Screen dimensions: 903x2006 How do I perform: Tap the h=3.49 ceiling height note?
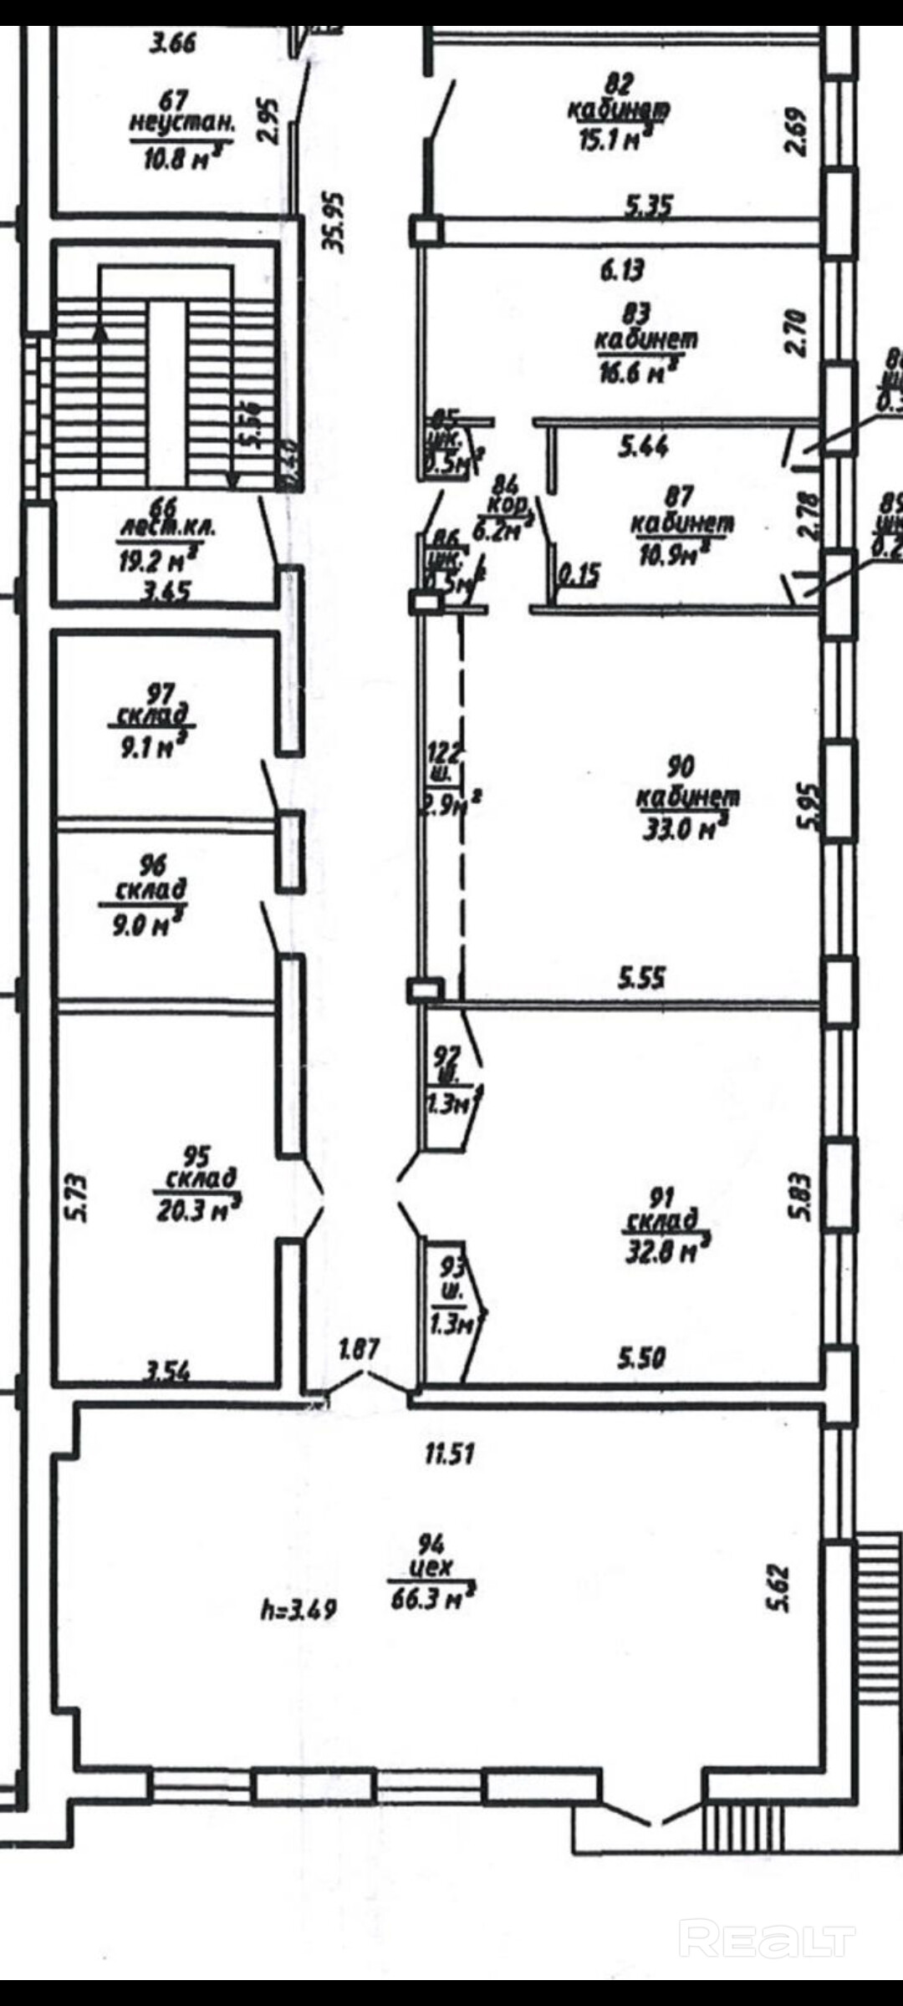pos(298,1608)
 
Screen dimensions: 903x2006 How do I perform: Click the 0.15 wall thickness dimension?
pos(578,574)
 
